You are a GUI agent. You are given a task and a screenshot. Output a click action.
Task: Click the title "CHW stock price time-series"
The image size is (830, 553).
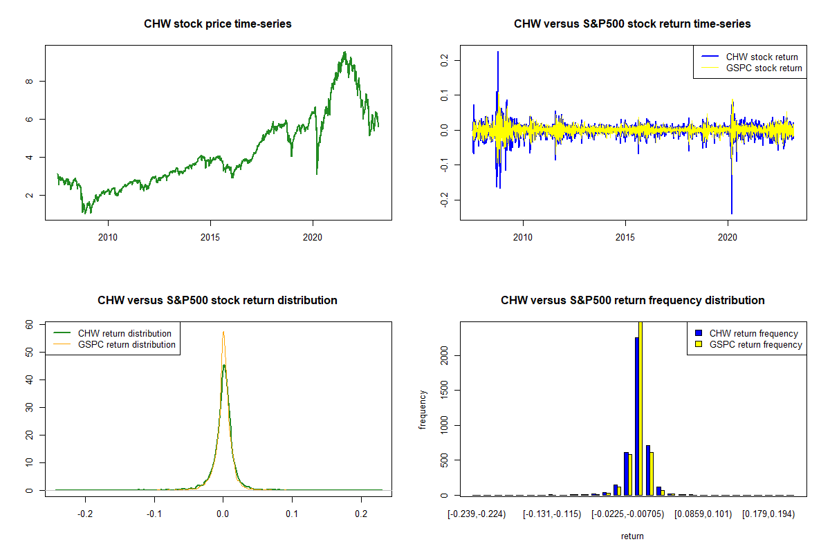[218, 24]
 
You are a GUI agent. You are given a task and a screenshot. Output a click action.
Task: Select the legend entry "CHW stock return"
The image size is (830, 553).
[762, 57]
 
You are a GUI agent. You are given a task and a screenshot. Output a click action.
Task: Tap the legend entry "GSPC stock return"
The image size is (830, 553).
[764, 68]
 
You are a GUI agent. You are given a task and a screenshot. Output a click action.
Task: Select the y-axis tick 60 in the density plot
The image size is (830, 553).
[29, 324]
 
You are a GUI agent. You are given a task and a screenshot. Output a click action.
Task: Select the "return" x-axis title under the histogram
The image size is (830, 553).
[632, 536]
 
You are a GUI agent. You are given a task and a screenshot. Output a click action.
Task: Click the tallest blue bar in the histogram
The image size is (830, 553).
[636, 415]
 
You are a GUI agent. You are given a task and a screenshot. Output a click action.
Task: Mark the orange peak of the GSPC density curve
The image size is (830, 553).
[223, 332]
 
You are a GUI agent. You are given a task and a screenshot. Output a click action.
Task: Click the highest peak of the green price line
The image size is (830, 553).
[344, 53]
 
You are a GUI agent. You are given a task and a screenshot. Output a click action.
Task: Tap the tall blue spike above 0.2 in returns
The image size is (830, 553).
[498, 53]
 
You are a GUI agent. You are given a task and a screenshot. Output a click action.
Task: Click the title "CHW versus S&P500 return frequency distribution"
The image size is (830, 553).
[632, 301]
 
